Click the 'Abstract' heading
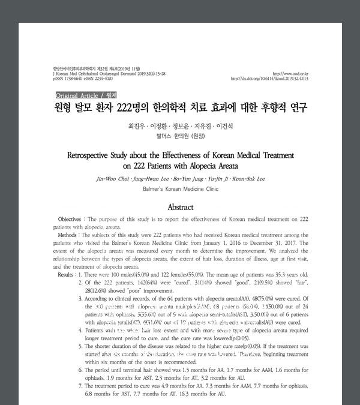click(x=180, y=206)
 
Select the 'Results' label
click(x=66, y=274)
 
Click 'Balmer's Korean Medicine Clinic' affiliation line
click(x=180, y=188)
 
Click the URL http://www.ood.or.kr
click(x=290, y=74)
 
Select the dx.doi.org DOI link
click(x=269, y=79)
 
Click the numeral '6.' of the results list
click(x=81, y=370)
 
